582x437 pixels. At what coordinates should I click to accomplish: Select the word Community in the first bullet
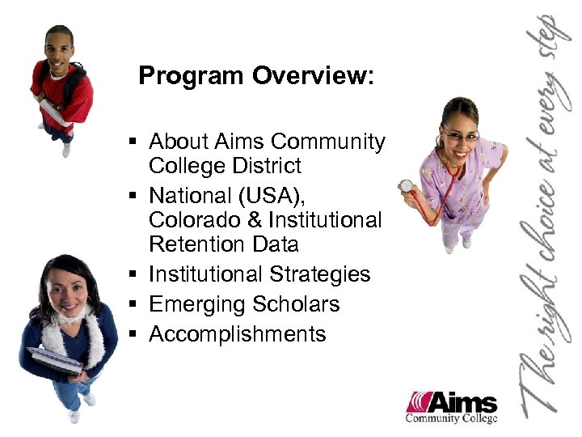click(x=328, y=142)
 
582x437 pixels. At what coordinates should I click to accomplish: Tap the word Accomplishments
click(x=238, y=334)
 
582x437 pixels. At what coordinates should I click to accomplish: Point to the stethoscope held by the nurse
click(x=407, y=186)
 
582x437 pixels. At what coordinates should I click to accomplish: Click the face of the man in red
click(x=58, y=49)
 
